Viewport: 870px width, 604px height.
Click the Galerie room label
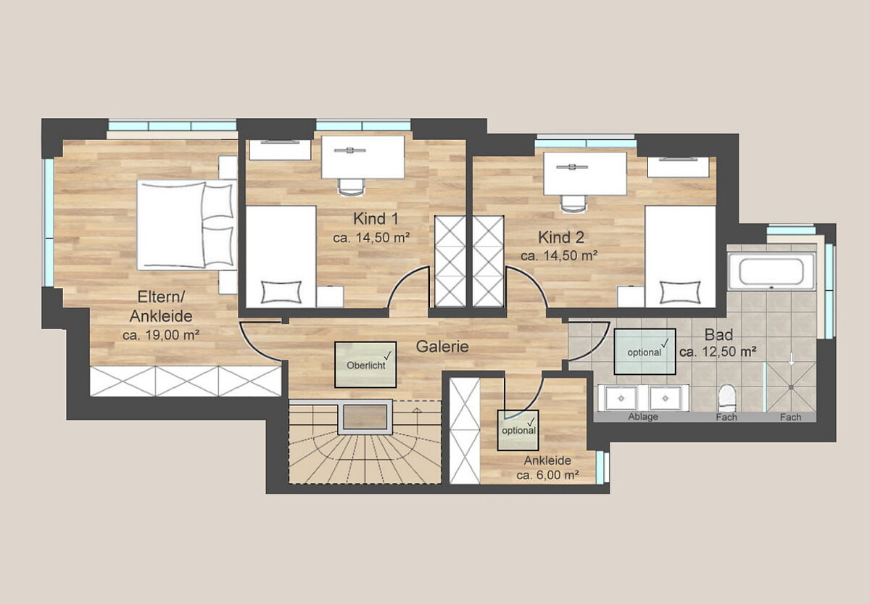[442, 347]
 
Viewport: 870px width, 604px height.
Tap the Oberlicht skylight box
[365, 364]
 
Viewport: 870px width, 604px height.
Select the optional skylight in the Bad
[645, 352]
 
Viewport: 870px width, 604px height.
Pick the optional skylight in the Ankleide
[518, 431]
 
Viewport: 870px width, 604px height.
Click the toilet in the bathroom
[727, 398]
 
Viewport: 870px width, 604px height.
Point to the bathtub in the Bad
[771, 271]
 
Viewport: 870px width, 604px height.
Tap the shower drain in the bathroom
[791, 387]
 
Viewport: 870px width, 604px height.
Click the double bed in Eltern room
[187, 225]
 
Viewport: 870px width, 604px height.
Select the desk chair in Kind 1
[352, 187]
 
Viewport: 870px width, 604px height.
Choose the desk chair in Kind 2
[573, 204]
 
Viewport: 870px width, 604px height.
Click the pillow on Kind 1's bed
[281, 291]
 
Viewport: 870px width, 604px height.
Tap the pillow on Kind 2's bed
[680, 291]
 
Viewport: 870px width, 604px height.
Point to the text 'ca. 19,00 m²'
[161, 335]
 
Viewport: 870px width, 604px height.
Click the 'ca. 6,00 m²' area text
[547, 475]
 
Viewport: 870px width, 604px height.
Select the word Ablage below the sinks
[643, 417]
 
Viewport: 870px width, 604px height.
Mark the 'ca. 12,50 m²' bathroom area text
[718, 352]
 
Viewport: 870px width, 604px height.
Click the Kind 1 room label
[376, 219]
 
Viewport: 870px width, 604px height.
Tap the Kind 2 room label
[561, 237]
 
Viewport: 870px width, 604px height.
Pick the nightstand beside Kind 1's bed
[329, 297]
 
